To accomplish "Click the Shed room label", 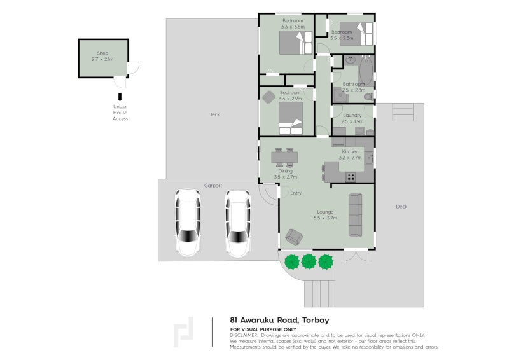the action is coord(102,53).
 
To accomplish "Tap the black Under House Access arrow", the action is coord(120,97).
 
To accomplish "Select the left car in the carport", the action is coord(188,223).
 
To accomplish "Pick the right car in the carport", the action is coord(238,223).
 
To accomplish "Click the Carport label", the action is coord(213,185).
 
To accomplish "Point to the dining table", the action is coord(284,158).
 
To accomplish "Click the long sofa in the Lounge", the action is coord(356,214).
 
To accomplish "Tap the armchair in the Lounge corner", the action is coord(294,237).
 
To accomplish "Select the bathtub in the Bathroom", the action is coord(366,71).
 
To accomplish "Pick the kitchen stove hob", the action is coord(351,177).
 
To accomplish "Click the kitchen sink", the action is coord(370,158).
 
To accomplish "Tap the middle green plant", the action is coord(309,261).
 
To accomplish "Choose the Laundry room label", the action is coord(352,115).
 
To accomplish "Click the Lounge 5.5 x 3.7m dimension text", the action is coord(325,218).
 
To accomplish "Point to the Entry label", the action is coord(296,193).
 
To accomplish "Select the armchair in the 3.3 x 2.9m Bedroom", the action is coord(268,97).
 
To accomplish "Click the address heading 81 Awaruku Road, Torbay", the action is coord(279,320).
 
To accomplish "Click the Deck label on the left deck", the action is coord(214,114).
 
